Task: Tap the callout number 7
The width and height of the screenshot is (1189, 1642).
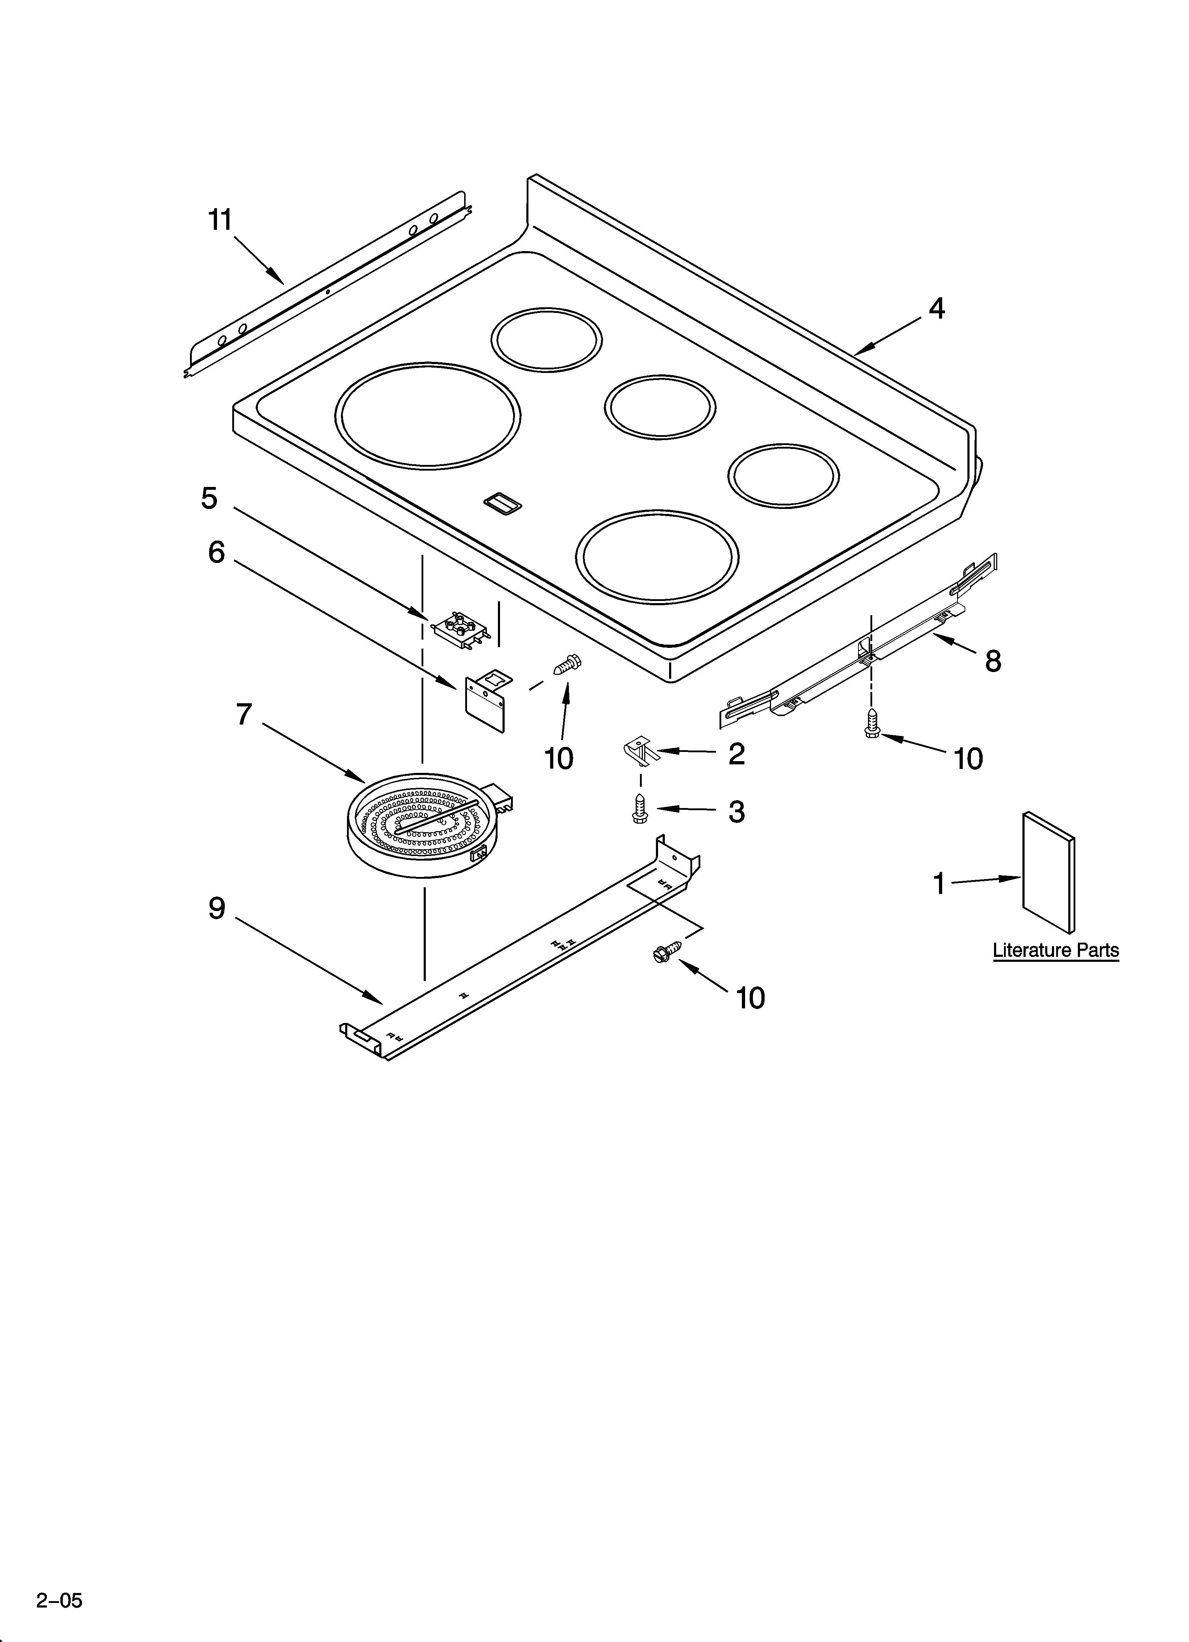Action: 244,715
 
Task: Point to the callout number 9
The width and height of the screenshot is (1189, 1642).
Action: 217,909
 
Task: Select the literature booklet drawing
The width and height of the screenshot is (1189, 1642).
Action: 1048,872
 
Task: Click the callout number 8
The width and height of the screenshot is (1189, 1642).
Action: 993,660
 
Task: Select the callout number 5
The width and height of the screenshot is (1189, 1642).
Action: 209,498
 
